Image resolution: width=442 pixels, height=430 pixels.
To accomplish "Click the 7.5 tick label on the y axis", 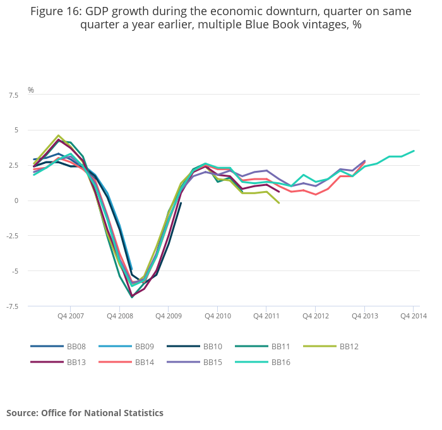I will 13,95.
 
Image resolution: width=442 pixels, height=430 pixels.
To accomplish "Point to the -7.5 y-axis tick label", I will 11,306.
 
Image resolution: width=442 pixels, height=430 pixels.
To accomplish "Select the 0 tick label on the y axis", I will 16,200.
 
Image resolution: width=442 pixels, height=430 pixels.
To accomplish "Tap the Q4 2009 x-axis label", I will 168,316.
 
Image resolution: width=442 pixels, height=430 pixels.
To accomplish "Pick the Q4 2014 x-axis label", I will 414,316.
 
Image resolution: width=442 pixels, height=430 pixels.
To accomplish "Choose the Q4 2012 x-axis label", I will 316,316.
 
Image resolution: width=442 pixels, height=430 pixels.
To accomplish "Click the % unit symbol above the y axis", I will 30,90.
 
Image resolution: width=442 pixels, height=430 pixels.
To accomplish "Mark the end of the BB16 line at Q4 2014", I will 414,151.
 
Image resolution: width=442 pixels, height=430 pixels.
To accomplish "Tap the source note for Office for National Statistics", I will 85,413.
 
